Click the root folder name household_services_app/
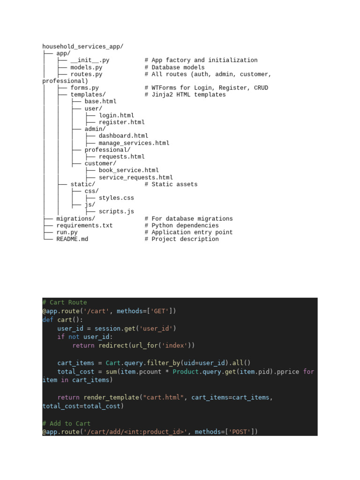83,46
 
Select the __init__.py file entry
90,60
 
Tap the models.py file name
86,67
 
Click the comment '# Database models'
174,67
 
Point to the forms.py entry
85,88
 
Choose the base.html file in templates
100,101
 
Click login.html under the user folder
116,115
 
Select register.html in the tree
121,122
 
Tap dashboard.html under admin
123,136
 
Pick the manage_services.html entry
134,143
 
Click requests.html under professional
121,157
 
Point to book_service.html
128,170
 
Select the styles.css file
116,198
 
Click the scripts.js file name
116,211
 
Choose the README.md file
72,239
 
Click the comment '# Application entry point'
188,232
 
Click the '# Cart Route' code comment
65,302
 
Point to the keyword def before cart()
48,320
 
